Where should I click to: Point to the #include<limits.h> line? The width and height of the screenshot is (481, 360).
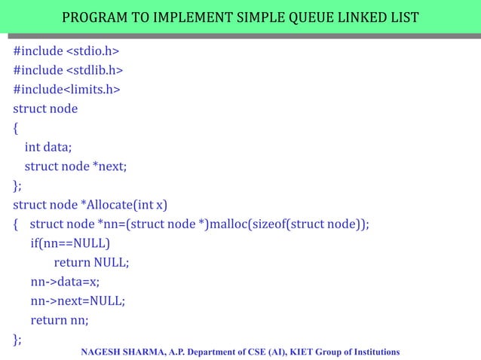click(x=66, y=90)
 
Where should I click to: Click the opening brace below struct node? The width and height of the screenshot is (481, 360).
click(x=16, y=128)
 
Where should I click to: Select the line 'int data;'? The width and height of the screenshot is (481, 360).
click(x=48, y=148)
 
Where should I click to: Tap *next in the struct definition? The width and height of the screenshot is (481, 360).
click(x=109, y=166)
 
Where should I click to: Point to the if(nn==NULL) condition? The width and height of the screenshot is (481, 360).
click(x=70, y=243)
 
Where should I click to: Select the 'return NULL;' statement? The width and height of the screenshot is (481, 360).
click(x=91, y=262)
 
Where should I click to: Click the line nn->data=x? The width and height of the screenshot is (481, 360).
click(x=65, y=282)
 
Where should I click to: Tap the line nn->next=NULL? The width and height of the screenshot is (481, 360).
click(x=78, y=301)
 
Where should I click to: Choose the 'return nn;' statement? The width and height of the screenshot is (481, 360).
click(x=60, y=320)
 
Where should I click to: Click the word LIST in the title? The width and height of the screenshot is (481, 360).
click(x=402, y=17)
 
